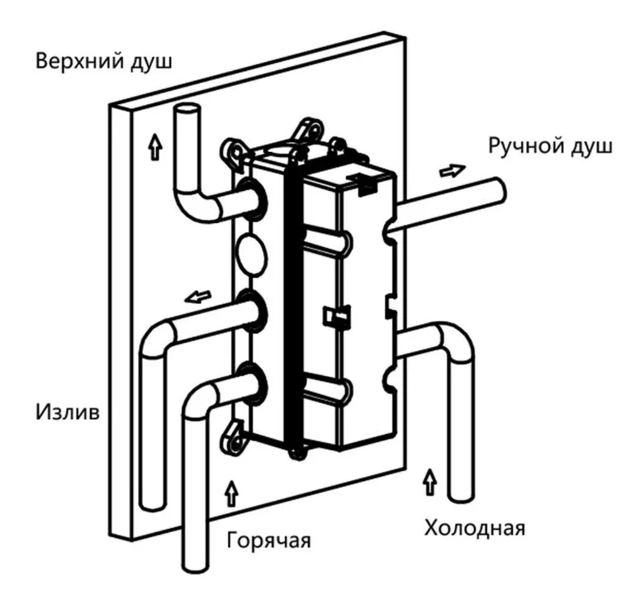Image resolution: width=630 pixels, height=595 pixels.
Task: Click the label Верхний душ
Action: tap(103, 62)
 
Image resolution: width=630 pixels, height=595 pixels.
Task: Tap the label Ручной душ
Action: tap(550, 147)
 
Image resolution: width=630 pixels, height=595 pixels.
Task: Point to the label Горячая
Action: tap(268, 541)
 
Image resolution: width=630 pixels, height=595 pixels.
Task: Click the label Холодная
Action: tap(474, 526)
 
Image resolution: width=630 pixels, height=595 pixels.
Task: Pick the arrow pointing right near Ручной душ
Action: tap(451, 171)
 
